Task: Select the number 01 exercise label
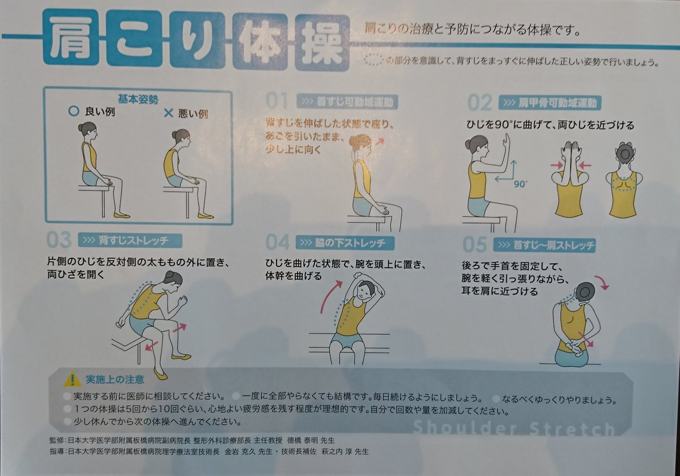pyautogui.click(x=278, y=102)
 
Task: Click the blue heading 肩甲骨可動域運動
pyautogui.click(x=550, y=103)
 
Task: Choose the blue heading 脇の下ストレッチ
pyautogui.click(x=346, y=243)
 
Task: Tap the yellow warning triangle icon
pyautogui.click(x=73, y=379)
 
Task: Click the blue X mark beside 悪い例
pyautogui.click(x=168, y=112)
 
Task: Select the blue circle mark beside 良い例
pyautogui.click(x=73, y=112)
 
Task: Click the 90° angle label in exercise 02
pyautogui.click(x=521, y=184)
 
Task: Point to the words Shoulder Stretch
pyautogui.click(x=513, y=428)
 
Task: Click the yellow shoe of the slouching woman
pyautogui.click(x=206, y=216)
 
